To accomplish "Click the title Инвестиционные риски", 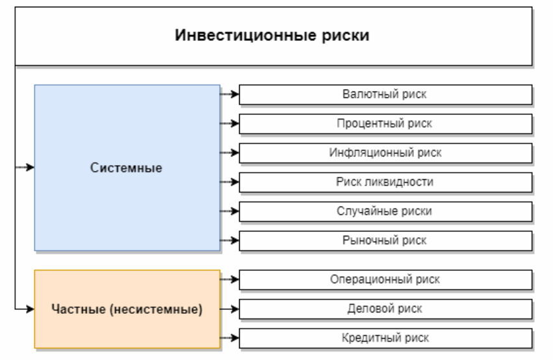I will tap(272, 35).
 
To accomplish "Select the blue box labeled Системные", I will tap(127, 168).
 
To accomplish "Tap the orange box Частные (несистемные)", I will tap(127, 308).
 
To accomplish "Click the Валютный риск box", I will tap(386, 94).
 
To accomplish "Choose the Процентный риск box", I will tap(386, 123).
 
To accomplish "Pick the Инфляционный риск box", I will tap(386, 152).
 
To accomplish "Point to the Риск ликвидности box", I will tap(386, 181).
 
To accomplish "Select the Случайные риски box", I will tap(386, 211).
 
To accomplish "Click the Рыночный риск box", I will tap(386, 240).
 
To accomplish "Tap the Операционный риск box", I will tap(386, 279).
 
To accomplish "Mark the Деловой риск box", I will tap(386, 309).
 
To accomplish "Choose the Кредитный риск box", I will tap(386, 338).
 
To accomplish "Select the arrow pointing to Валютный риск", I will tap(230, 94).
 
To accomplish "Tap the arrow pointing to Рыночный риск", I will tap(230, 240).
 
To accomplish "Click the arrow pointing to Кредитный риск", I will tap(230, 338).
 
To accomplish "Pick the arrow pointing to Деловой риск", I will tap(230, 309).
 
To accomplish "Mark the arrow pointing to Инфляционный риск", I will tap(230, 152).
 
